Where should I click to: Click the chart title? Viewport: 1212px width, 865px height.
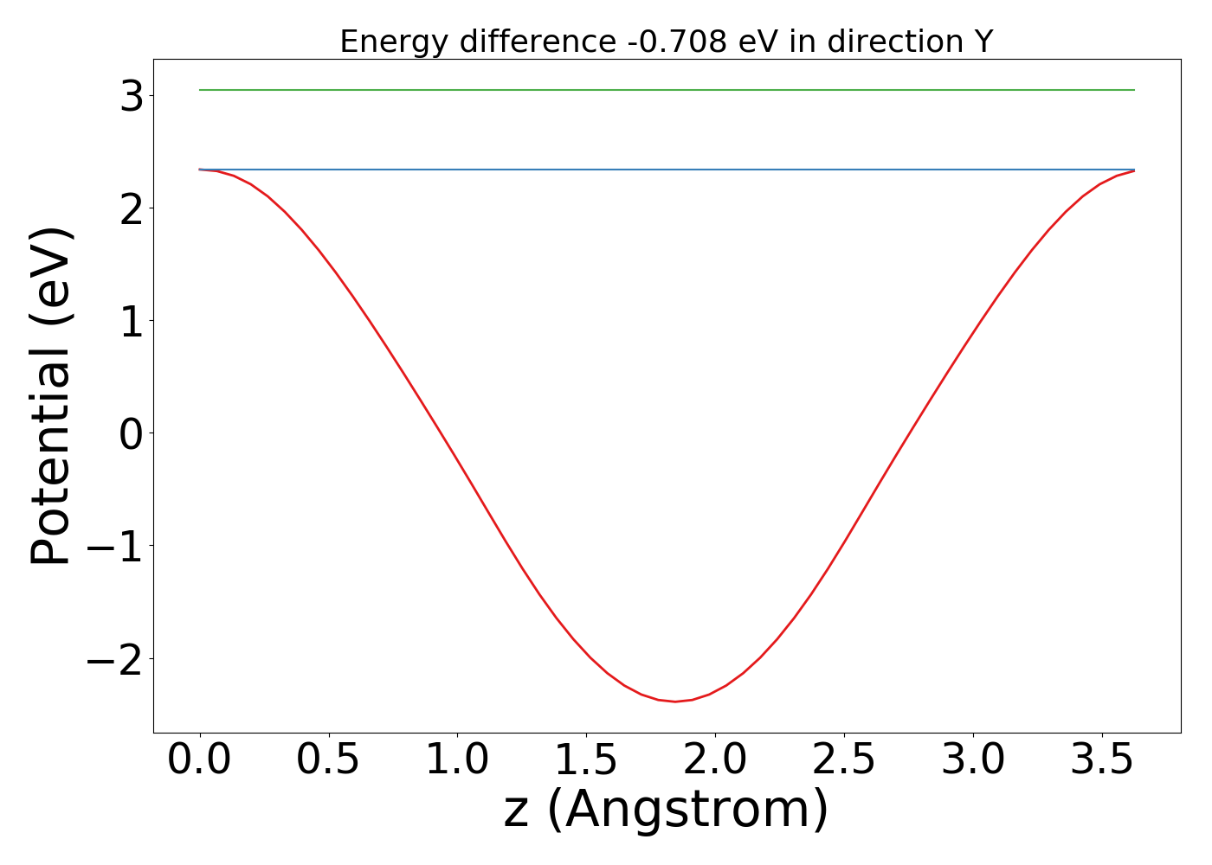click(666, 42)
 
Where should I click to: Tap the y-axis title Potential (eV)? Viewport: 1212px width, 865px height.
click(52, 396)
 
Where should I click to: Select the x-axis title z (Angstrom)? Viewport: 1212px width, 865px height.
click(666, 811)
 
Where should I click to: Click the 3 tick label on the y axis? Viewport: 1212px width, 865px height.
click(132, 96)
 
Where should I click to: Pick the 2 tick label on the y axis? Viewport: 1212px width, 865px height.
click(132, 208)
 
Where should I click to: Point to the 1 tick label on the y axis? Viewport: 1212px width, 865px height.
click(132, 321)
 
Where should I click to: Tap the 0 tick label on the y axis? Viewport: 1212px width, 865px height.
click(132, 433)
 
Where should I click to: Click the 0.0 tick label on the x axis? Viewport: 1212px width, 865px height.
click(199, 760)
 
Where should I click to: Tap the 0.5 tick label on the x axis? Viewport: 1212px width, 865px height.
click(328, 760)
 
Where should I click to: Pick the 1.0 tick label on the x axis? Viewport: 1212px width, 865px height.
click(457, 760)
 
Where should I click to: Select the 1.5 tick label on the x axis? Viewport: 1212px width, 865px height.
click(586, 760)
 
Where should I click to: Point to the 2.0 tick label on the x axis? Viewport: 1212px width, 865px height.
click(715, 760)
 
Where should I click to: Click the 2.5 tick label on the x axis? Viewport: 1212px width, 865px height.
click(844, 760)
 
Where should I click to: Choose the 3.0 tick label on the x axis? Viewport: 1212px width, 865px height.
click(973, 760)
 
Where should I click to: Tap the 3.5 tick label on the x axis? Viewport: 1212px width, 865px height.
click(1102, 760)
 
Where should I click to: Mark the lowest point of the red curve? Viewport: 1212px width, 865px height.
click(675, 702)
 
